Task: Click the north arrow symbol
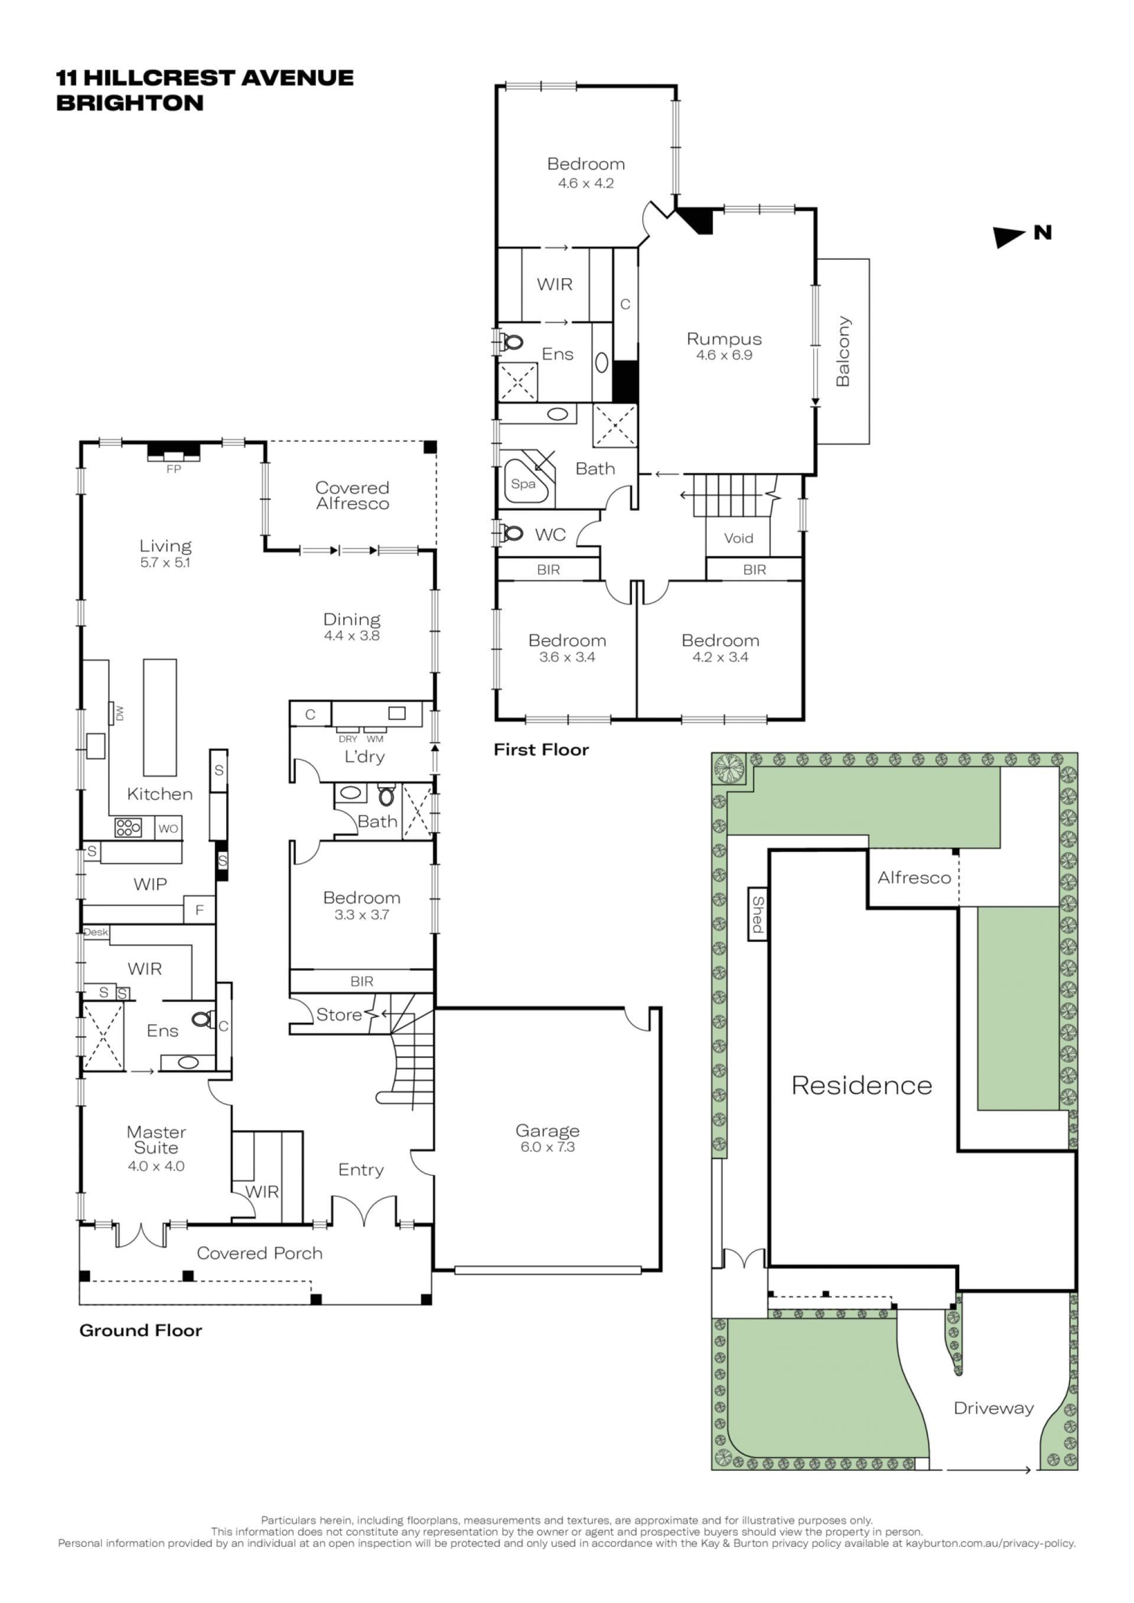tap(1009, 237)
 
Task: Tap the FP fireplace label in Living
tap(174, 469)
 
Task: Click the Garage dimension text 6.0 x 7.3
tap(548, 1147)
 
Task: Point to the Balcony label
tap(843, 351)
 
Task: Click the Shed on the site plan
tap(758, 914)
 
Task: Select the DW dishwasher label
tap(119, 713)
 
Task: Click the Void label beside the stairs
tap(738, 538)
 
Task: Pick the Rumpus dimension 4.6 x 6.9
tap(724, 355)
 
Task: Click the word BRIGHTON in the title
tap(130, 103)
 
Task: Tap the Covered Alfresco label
tap(353, 496)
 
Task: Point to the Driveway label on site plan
tap(993, 1408)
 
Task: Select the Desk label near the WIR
tap(96, 932)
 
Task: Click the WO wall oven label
tap(168, 829)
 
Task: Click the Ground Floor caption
tap(141, 1330)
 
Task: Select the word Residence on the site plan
tap(862, 1085)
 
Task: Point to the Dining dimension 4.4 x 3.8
tap(352, 635)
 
